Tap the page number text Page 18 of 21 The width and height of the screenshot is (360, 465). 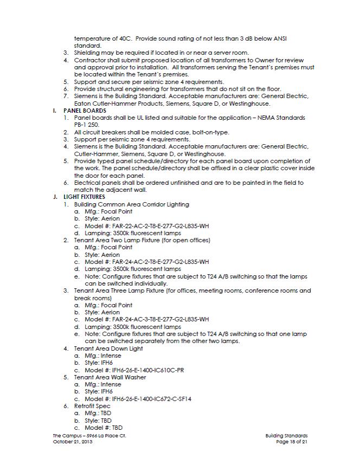pos(292,442)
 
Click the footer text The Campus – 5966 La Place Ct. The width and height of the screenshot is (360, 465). pos(91,435)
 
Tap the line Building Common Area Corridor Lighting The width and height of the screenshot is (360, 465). pos(132,204)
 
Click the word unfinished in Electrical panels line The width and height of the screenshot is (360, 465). pos(165,183)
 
